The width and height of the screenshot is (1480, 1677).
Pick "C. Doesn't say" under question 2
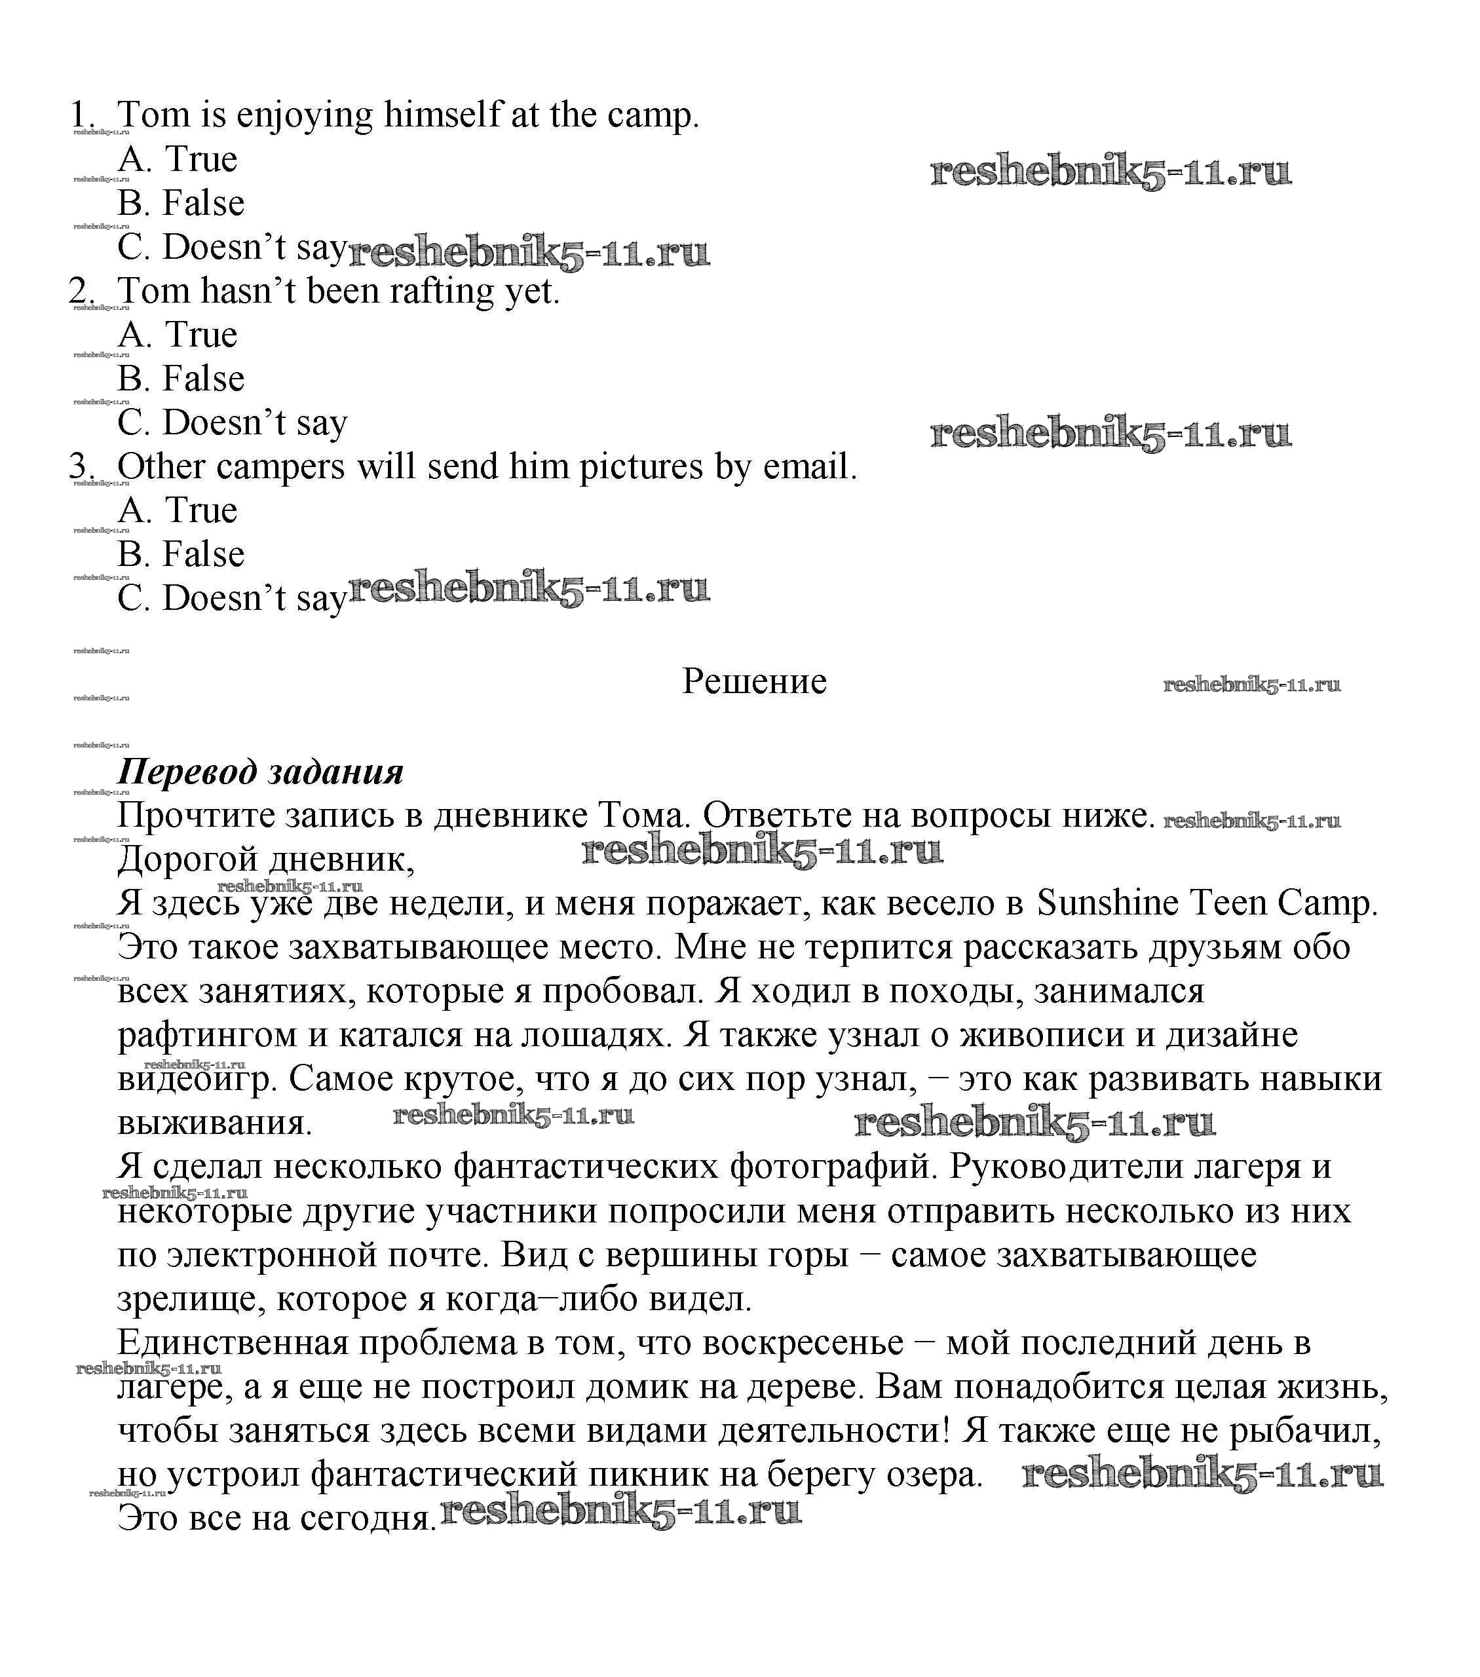(232, 423)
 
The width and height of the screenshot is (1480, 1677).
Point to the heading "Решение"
(754, 682)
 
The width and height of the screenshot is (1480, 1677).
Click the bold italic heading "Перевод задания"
(261, 772)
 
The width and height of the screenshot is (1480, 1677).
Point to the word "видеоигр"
(198, 1080)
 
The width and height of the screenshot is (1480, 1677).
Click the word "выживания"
(214, 1123)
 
